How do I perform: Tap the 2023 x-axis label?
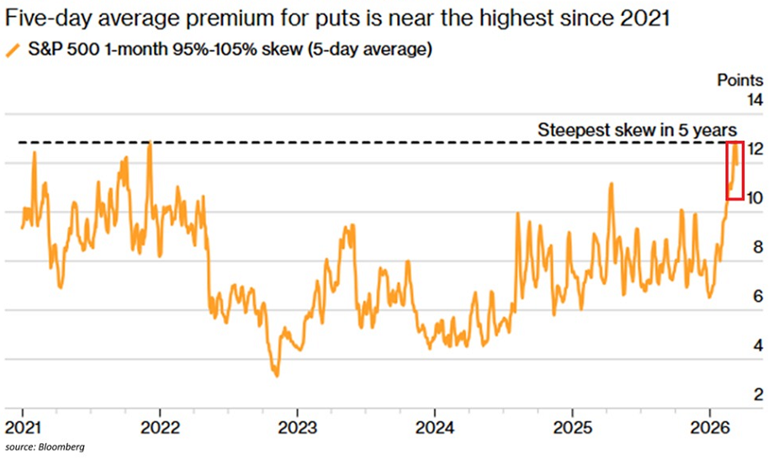[298, 424]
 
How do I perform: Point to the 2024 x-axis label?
[435, 424]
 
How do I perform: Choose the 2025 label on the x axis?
[572, 424]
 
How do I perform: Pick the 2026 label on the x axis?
[709, 424]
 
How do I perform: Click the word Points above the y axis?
[740, 81]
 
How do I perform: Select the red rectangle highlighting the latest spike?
[735, 171]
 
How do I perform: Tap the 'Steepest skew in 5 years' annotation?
[637, 130]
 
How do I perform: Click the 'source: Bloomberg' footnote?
[49, 446]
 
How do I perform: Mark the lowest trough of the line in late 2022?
[275, 374]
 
